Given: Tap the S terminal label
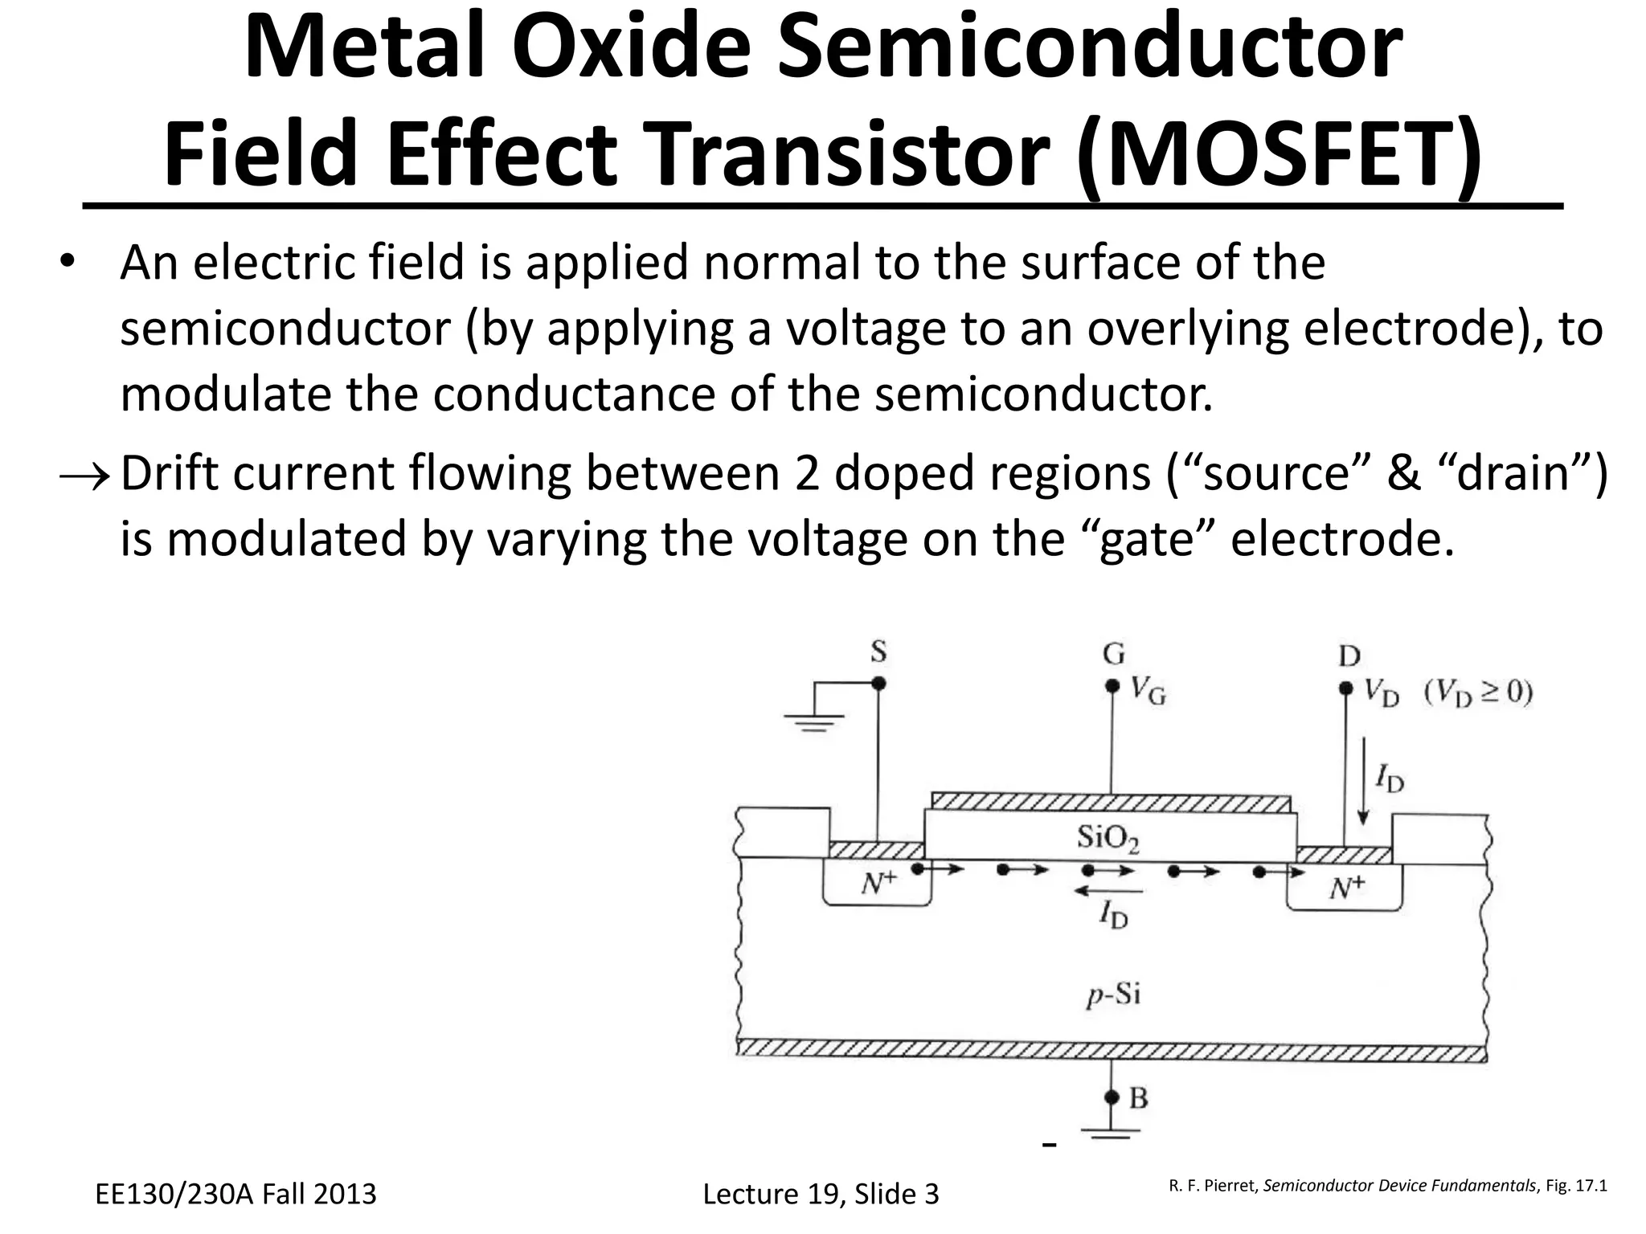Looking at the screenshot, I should [x=878, y=652].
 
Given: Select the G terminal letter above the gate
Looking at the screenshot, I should [x=1113, y=655].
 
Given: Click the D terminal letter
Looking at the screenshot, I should [x=1349, y=657].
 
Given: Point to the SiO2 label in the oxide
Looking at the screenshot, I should [x=1108, y=839].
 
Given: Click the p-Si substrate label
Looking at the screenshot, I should [x=1113, y=995].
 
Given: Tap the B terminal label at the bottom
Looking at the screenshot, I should [x=1138, y=1097].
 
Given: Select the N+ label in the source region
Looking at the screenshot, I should [x=878, y=885].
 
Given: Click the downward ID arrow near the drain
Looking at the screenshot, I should [x=1362, y=796].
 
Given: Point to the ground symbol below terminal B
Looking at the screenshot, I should [x=1111, y=1133].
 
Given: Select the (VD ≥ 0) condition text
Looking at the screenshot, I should [x=1478, y=693].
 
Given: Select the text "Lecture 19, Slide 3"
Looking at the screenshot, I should [x=821, y=1194].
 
